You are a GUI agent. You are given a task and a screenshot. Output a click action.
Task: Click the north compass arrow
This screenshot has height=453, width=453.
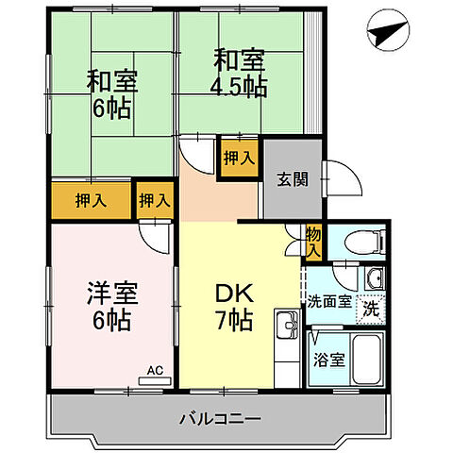click(386, 32)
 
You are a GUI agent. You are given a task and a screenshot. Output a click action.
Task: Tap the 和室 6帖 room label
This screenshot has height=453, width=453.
click(112, 94)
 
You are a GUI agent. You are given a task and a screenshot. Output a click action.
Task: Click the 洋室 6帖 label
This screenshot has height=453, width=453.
click(112, 304)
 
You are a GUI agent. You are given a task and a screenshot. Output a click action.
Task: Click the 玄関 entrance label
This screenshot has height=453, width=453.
click(292, 180)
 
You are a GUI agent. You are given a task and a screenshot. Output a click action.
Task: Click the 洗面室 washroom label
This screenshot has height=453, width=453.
click(329, 304)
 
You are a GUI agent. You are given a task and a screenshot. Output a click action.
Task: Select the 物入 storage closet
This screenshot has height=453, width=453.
click(313, 243)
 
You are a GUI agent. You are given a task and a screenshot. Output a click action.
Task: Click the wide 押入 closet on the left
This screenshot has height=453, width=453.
click(92, 200)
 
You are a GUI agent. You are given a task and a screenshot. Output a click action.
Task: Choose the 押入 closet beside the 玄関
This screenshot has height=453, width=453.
click(239, 157)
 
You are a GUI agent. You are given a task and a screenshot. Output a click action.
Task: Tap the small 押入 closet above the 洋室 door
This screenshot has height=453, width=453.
click(156, 200)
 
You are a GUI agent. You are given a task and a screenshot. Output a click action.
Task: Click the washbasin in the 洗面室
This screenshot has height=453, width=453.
click(374, 278)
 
